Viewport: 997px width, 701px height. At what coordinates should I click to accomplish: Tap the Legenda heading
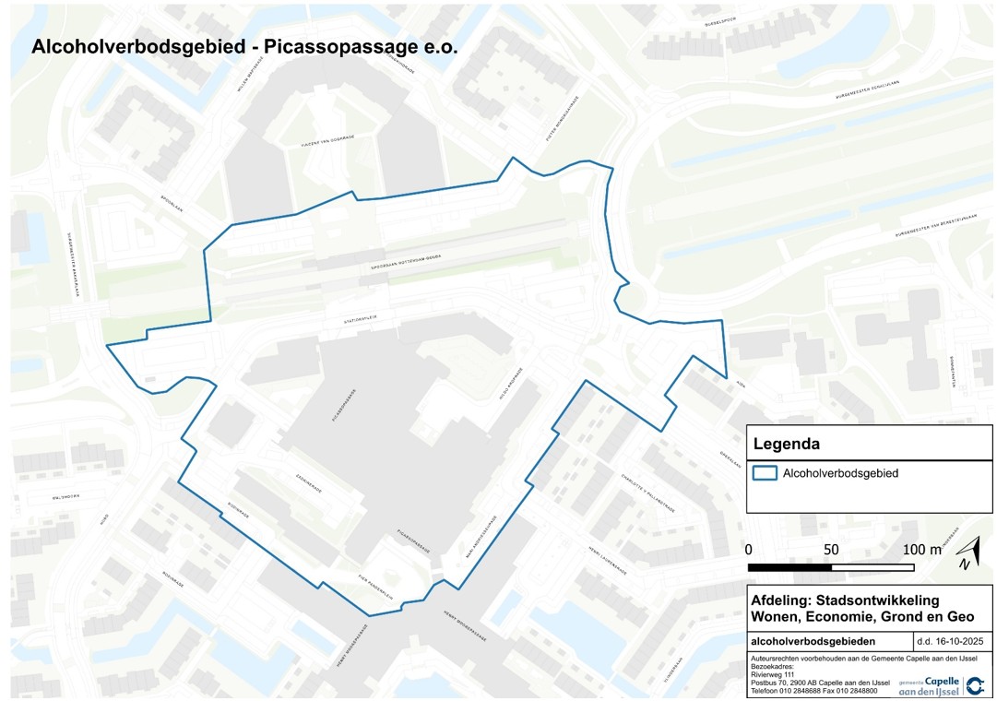(x=787, y=444)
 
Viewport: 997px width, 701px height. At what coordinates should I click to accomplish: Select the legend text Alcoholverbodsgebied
(x=840, y=473)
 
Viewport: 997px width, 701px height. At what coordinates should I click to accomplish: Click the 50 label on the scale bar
(x=831, y=550)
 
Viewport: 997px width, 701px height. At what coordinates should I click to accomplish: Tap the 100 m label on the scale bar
(x=921, y=550)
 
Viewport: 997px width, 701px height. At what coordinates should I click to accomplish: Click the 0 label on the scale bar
(x=749, y=550)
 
